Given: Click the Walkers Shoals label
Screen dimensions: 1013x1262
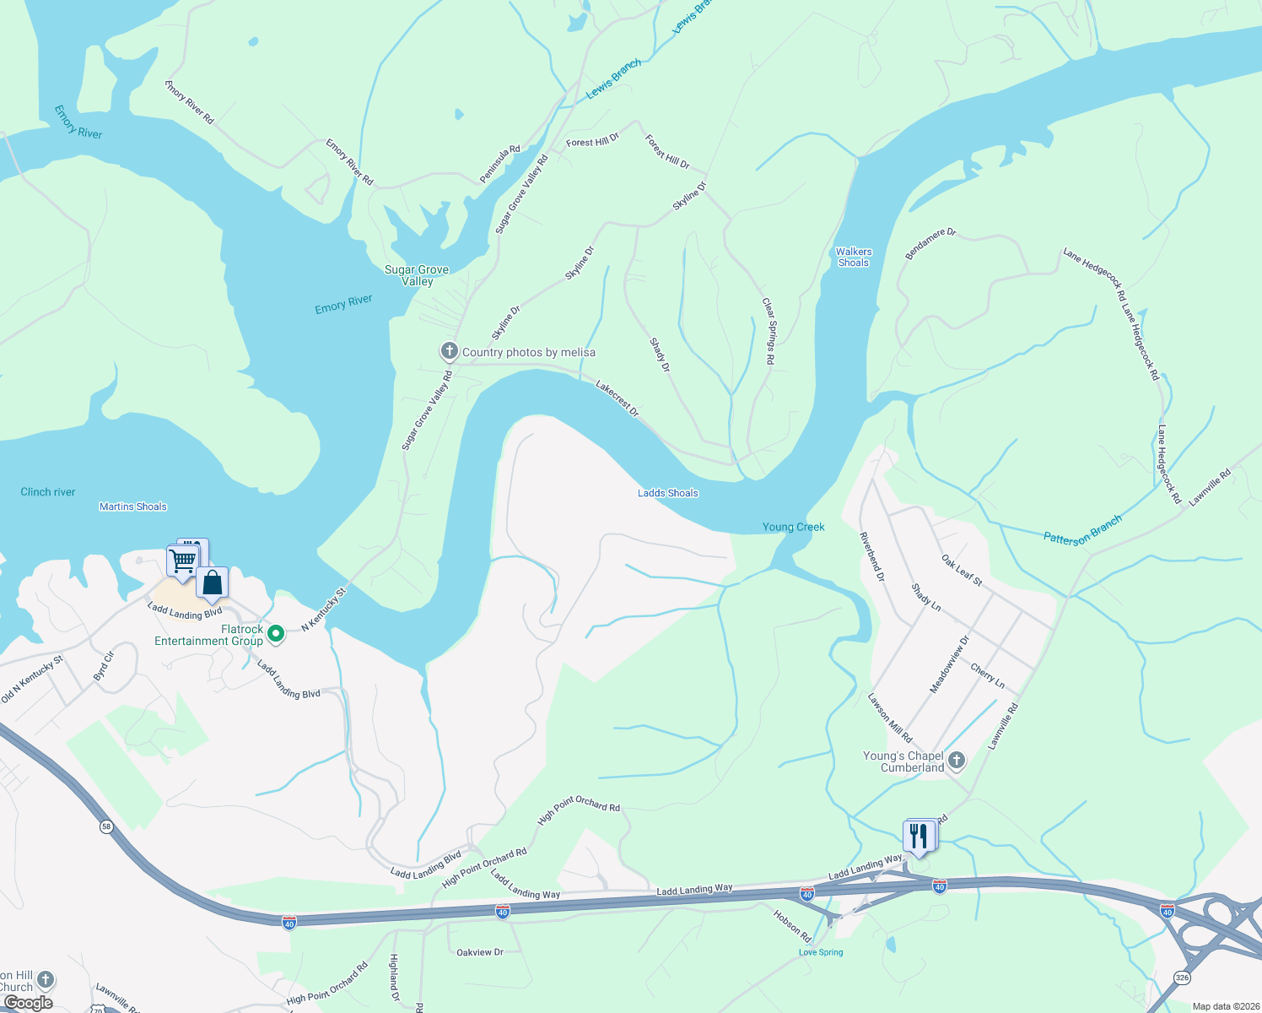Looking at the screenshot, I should point(854,257).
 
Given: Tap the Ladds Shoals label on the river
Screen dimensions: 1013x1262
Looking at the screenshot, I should point(667,493).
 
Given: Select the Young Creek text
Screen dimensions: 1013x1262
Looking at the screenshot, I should point(793,527).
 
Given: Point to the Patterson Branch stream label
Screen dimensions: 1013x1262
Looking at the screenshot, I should point(1082,531).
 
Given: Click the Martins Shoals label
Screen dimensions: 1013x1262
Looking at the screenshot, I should point(133,506).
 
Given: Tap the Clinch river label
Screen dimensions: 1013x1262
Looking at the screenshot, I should point(48,492).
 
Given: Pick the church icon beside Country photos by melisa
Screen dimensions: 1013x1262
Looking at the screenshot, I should point(450,351).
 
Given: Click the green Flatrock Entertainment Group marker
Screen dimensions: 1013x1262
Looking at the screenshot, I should point(275,632).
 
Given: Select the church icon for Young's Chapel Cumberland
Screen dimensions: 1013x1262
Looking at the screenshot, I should point(956,761).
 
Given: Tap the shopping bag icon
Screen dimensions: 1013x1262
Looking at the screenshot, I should point(213,582).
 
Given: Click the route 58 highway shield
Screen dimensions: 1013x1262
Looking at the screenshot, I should point(106,826).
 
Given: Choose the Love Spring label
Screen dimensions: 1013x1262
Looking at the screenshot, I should point(821,952).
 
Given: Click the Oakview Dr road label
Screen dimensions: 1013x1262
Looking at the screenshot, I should point(479,952).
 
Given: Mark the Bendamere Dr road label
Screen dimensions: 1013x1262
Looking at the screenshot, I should point(930,243).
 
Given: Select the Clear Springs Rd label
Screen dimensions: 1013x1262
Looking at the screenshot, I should point(769,331).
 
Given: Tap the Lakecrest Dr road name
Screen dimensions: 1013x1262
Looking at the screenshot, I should point(618,398).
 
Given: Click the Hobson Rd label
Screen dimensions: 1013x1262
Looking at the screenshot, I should point(792,925).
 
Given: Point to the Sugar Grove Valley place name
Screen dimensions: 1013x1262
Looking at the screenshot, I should point(417,275).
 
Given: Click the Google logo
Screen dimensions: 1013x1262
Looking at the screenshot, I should point(29,1003).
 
